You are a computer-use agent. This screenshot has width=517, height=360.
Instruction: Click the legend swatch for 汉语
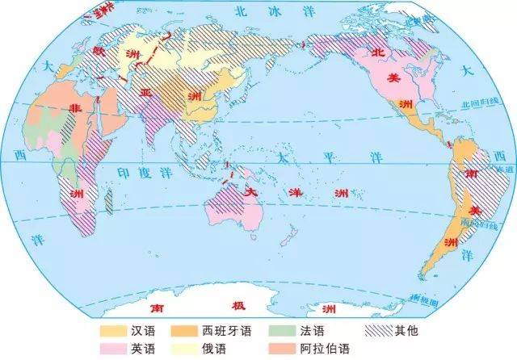pyautogui.click(x=112, y=331)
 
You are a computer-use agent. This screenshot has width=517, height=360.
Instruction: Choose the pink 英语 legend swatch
pyautogui.click(x=112, y=349)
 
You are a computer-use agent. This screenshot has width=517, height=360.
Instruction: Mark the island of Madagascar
pyautogui.click(x=108, y=202)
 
